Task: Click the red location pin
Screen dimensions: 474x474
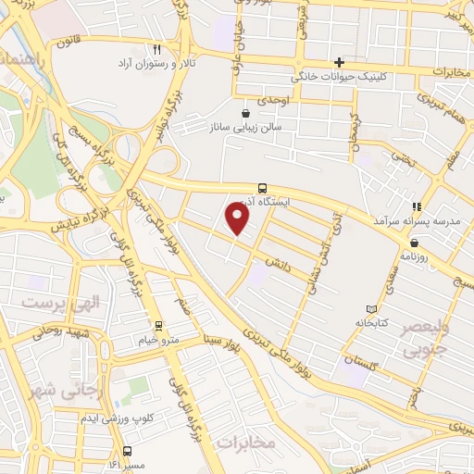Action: [x=238, y=218]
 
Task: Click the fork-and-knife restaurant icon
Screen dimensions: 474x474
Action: [x=157, y=49]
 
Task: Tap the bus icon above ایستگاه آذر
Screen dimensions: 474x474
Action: [x=263, y=186]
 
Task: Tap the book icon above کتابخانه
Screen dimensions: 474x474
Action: [x=371, y=308]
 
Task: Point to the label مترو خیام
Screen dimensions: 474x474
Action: [x=159, y=341]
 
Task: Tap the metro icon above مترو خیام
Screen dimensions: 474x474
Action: [x=159, y=325]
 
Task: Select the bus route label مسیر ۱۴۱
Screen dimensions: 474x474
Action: [x=129, y=464]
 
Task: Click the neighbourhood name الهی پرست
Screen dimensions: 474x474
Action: [x=53, y=304]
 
